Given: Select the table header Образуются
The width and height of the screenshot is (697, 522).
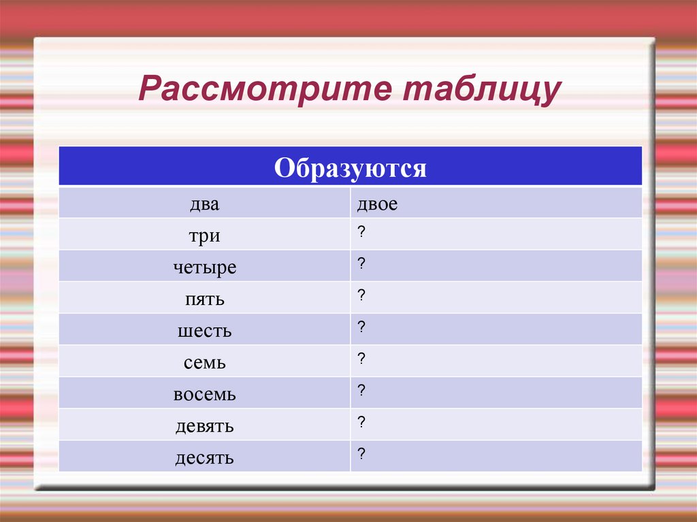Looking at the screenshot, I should [351, 167].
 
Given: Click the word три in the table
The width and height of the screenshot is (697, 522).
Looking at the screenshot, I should [205, 235].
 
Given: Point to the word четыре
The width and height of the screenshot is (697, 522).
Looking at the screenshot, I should [205, 267].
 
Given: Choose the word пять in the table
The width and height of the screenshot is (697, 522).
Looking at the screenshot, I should [205, 299].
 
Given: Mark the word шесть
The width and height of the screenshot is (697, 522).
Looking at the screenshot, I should [205, 331].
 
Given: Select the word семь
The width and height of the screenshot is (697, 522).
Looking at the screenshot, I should [205, 363].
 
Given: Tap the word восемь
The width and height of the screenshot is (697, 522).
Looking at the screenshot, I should [205, 395].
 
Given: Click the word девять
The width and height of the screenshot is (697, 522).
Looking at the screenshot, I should [205, 427].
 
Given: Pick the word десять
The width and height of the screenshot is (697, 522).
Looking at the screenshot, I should [205, 458].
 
